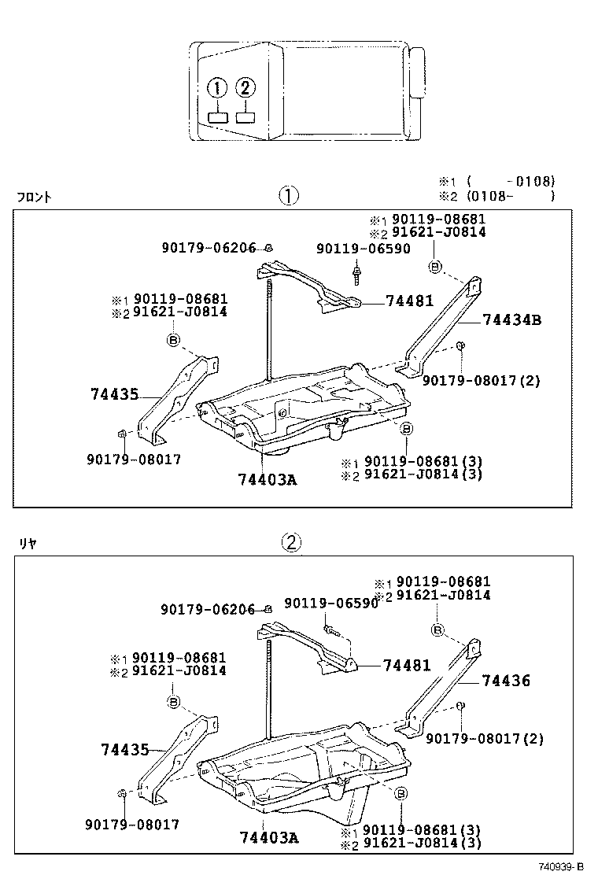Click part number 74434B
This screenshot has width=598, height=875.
click(512, 319)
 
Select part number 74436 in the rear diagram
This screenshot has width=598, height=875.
click(506, 681)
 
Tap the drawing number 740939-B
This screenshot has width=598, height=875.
click(560, 866)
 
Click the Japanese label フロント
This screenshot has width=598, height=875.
click(34, 198)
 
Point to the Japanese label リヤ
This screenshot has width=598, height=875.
click(28, 542)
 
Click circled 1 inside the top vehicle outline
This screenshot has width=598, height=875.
click(218, 88)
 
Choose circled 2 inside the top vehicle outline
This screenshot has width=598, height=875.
click(245, 88)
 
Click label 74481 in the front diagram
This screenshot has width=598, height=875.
click(409, 301)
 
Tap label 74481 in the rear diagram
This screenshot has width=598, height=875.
click(407, 665)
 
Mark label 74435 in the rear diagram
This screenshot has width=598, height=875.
click(124, 750)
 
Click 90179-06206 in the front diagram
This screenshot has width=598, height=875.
click(209, 248)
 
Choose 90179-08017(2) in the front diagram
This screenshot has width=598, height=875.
click(481, 380)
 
